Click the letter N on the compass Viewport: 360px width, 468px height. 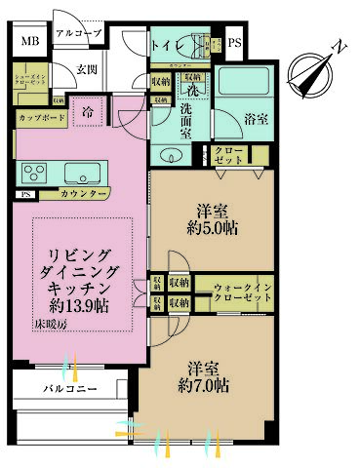(338, 46)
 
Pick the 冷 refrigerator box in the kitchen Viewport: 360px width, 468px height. (87, 110)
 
